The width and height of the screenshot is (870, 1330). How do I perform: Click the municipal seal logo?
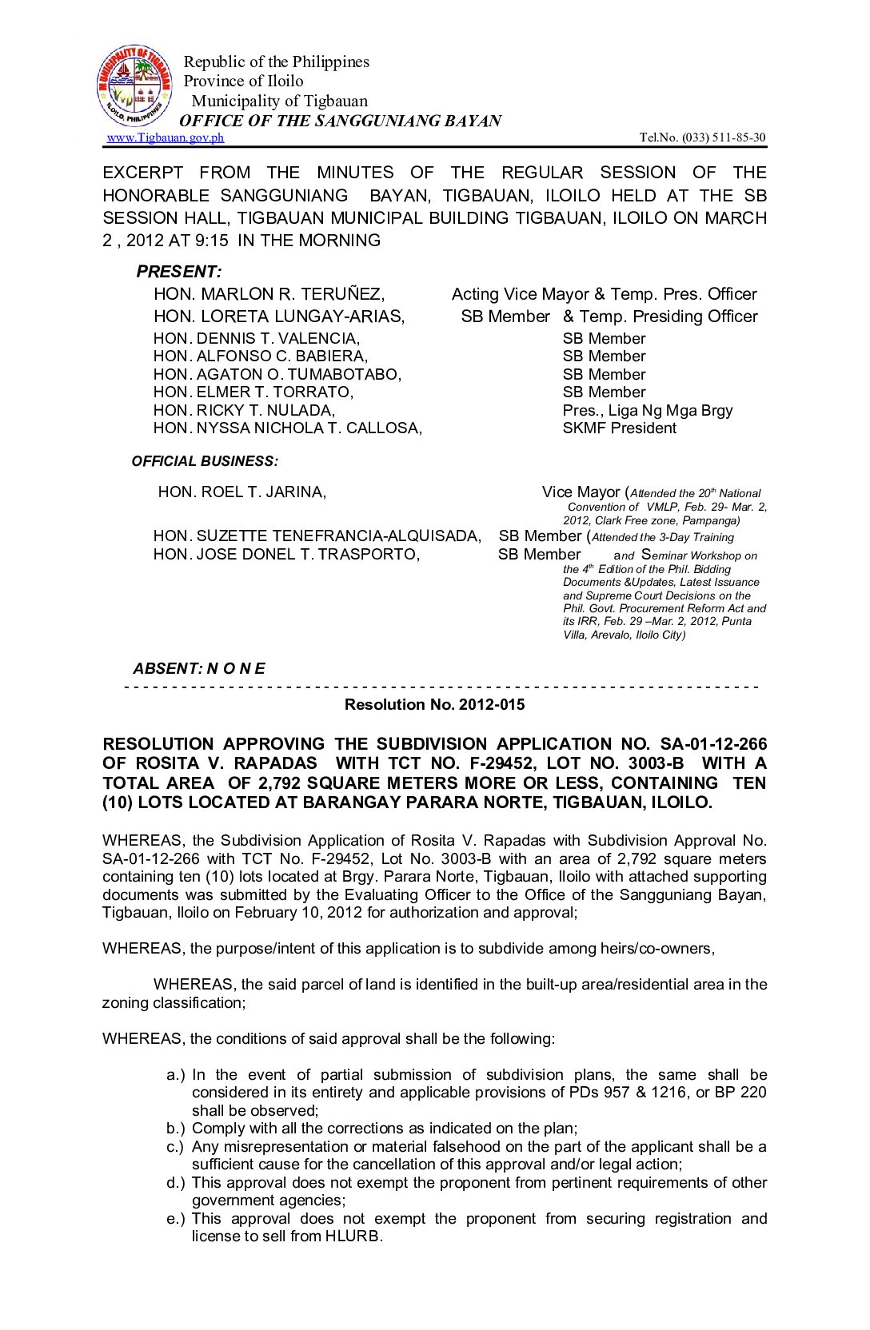[134, 86]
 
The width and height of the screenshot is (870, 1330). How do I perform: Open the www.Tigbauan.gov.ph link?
[166, 137]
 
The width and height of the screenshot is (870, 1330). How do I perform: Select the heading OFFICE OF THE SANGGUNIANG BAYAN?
[340, 121]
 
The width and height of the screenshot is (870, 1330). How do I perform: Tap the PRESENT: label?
[179, 271]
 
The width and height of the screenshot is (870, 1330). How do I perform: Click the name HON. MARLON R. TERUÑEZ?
[269, 294]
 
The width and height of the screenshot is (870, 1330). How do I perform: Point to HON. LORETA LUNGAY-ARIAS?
[279, 317]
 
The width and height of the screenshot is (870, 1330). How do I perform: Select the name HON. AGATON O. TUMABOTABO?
[277, 374]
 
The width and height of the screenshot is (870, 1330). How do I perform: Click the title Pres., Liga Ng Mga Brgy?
[648, 410]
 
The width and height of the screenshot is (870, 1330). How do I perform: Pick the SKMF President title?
[619, 428]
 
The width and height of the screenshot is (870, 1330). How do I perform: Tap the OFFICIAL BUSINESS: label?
[205, 461]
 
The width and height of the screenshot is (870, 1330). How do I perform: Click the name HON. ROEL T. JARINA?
[241, 492]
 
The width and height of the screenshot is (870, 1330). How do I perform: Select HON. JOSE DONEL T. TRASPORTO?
[286, 554]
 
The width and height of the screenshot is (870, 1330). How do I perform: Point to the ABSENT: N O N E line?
[199, 668]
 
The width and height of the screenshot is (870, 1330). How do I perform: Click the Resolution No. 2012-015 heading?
[434, 704]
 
